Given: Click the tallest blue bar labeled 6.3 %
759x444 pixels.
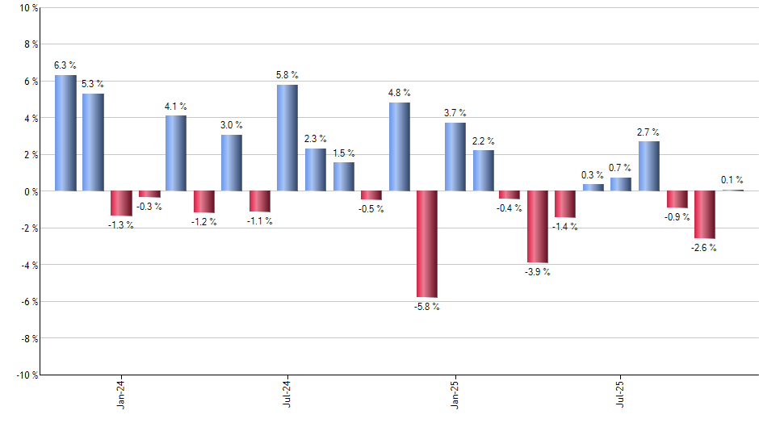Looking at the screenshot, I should tap(65, 133).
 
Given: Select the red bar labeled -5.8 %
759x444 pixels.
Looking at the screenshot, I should tap(427, 244).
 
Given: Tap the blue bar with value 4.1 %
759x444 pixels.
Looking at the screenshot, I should tap(176, 153).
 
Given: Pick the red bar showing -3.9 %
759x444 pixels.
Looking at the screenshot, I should tap(538, 227).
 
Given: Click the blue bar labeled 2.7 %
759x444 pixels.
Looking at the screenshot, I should tap(649, 166).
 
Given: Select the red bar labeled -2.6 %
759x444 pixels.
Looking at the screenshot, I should tap(704, 215).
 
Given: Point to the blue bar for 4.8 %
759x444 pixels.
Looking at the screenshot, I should tap(399, 147).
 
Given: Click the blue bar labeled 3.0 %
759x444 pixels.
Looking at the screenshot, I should tap(232, 163).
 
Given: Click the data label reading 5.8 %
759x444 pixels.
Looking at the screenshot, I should tap(287, 75).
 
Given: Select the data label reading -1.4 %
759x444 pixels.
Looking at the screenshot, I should tap(565, 227).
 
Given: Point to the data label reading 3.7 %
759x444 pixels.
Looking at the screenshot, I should tap(455, 113).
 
